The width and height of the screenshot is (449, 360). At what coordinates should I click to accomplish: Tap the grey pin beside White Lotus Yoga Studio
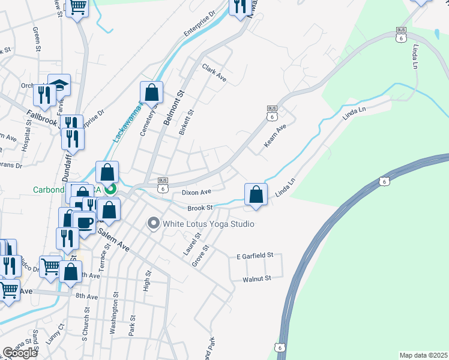153,224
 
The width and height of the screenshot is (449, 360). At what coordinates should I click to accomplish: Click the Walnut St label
257,278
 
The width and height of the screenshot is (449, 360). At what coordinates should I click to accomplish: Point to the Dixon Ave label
197,193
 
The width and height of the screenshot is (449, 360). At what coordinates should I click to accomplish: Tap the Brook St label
200,208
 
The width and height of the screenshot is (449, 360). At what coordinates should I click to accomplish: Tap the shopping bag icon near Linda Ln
256,194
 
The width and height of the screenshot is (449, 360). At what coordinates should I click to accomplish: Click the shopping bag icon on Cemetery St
151,92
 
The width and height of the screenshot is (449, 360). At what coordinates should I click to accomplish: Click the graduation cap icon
59,85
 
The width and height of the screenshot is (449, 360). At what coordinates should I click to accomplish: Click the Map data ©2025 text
423,355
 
